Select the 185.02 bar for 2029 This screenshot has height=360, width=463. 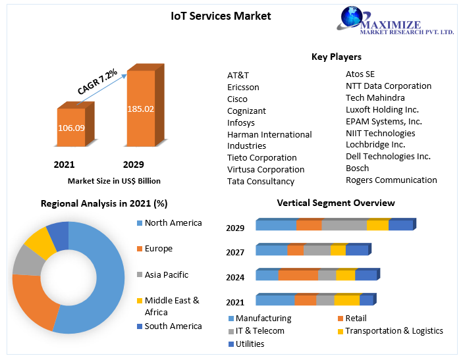tap(140, 108)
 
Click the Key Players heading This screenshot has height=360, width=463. tap(336, 57)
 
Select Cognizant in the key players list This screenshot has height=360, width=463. tap(246, 111)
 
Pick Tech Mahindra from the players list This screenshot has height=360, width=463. tap(375, 97)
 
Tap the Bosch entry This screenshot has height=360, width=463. tap(358, 168)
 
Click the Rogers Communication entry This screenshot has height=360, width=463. tap(391, 180)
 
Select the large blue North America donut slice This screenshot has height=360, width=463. tap(99, 276)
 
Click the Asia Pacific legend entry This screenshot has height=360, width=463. tap(166, 274)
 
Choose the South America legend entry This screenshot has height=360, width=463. tap(173, 326)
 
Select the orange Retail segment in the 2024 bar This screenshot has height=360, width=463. tap(298, 275)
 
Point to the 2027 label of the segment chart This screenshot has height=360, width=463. tap(235, 252)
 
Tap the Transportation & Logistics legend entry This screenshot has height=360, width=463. tap(394, 330)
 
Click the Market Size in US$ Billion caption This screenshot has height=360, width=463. tap(114, 180)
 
